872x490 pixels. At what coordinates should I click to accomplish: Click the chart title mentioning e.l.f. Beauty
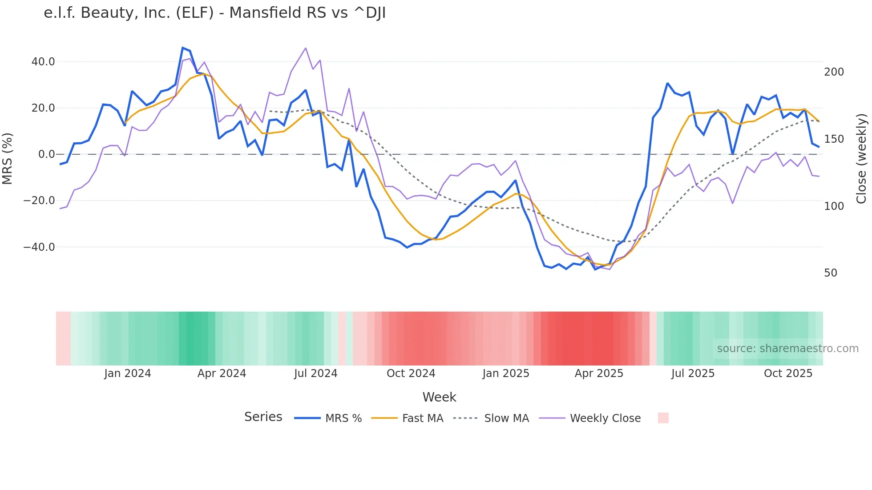(214, 13)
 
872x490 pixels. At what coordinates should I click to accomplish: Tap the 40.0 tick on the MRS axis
(43, 62)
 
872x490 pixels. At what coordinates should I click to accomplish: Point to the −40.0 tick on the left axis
(39, 247)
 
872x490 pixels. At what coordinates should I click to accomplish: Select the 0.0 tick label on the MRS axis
(46, 154)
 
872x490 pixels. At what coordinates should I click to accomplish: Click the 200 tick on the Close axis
(834, 72)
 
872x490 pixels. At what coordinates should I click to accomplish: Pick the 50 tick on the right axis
(831, 273)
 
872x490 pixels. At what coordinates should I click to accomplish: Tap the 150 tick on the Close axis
(834, 139)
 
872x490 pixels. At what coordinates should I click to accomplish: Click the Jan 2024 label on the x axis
(128, 374)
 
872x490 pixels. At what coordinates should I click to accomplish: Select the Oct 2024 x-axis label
(411, 374)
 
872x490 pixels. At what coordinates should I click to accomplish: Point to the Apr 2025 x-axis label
(599, 374)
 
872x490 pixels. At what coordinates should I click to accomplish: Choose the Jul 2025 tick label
(693, 374)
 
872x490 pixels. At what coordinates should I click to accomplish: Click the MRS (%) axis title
(8, 158)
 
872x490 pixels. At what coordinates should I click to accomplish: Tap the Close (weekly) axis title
(862, 158)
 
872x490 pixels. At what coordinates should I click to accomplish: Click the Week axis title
(439, 397)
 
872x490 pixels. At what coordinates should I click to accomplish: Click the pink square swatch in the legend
(663, 418)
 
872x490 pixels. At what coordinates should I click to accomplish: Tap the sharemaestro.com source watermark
(787, 349)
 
